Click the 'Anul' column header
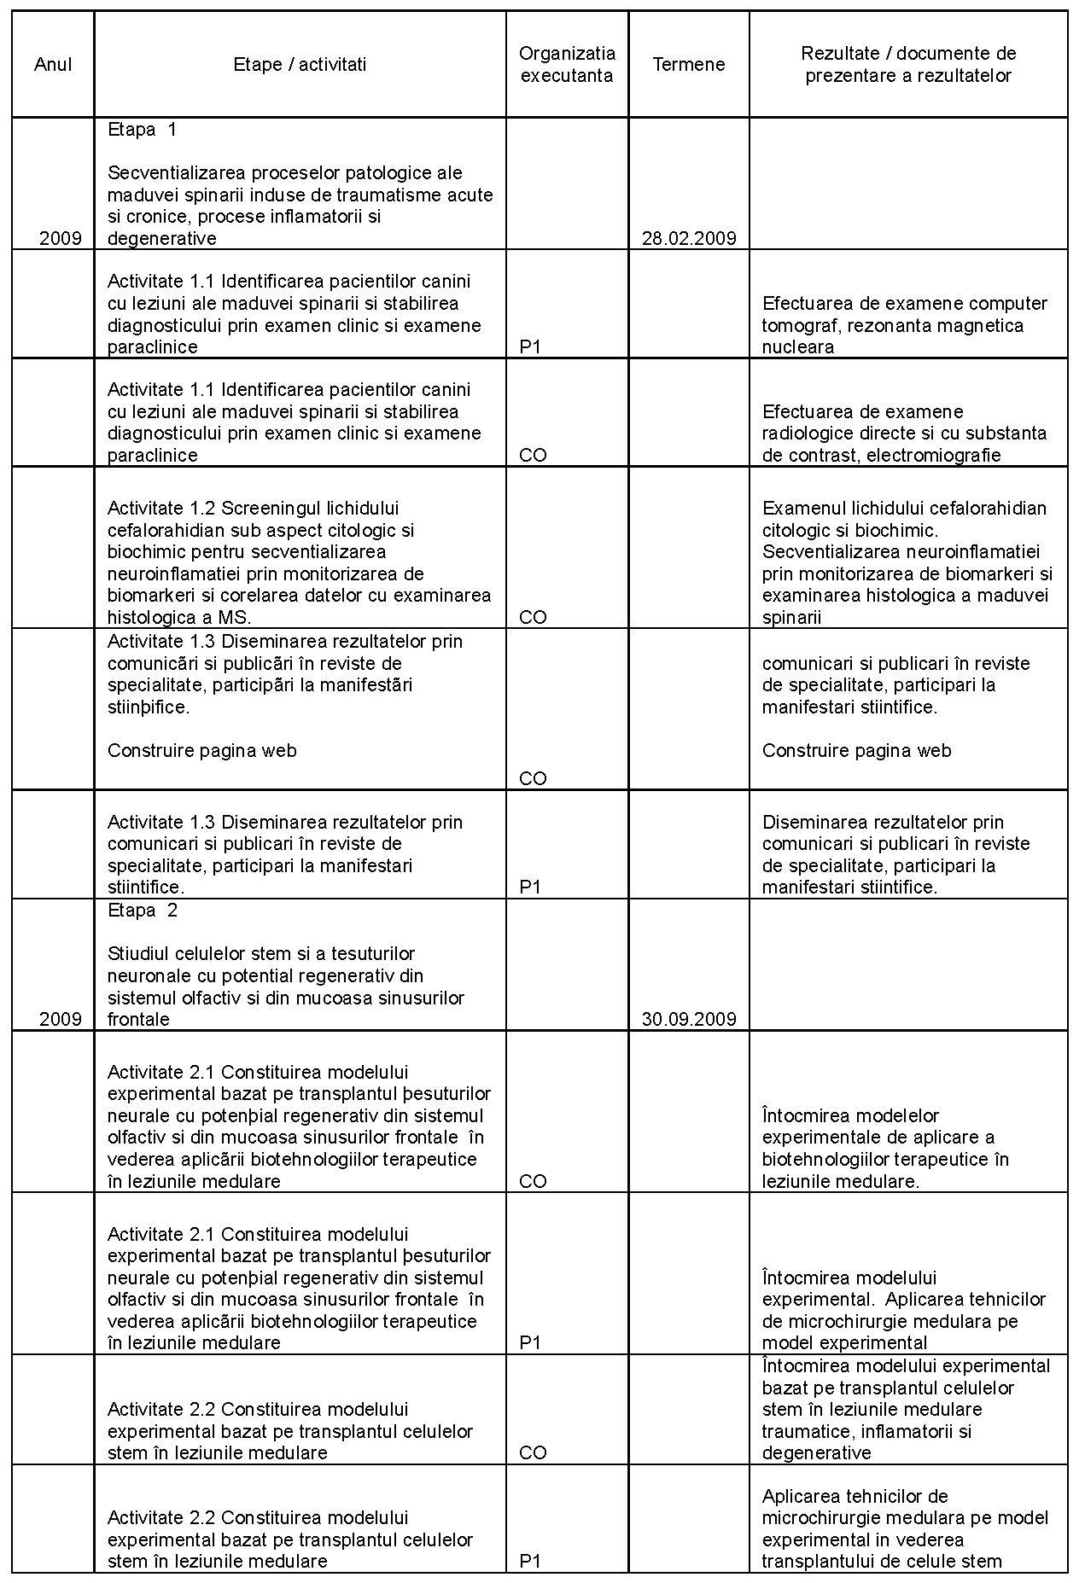[x=53, y=65]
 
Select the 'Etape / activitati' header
[x=300, y=65]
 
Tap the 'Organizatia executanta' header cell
[x=567, y=65]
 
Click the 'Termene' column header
[x=688, y=65]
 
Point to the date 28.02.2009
[x=688, y=239]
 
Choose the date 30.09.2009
[x=688, y=1020]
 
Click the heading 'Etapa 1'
[x=142, y=130]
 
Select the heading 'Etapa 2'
[x=142, y=911]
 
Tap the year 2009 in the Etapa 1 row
[x=61, y=239]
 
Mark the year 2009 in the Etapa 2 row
[x=61, y=1020]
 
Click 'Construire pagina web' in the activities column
[x=202, y=751]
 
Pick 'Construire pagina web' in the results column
[x=856, y=751]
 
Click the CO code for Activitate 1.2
[x=533, y=618]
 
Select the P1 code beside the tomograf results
[x=530, y=347]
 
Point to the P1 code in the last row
[x=530, y=1562]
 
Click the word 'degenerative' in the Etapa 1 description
[x=161, y=239]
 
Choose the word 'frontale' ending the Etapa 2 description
[x=138, y=1020]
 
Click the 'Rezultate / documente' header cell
[x=908, y=65]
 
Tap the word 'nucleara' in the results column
[x=797, y=347]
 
